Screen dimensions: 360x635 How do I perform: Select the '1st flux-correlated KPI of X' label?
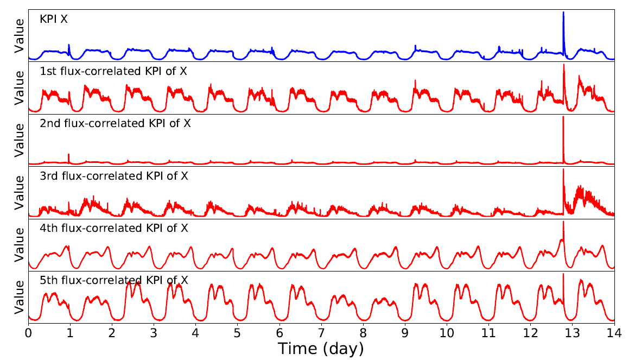click(x=113, y=71)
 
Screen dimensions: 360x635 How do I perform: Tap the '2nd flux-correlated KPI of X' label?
click(x=115, y=123)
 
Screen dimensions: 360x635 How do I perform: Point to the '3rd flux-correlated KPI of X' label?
click(x=114, y=175)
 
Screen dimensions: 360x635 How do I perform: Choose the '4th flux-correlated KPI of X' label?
click(x=114, y=228)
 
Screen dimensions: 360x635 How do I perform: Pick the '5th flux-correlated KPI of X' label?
click(x=114, y=280)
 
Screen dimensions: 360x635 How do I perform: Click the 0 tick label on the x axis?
click(x=28, y=331)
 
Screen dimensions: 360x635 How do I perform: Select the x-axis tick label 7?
click(x=321, y=331)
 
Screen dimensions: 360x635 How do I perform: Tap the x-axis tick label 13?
click(x=572, y=331)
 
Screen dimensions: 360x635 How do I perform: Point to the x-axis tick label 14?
click(x=614, y=331)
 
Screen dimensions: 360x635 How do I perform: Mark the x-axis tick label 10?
click(x=447, y=331)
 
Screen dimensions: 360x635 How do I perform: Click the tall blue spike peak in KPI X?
click(x=563, y=13)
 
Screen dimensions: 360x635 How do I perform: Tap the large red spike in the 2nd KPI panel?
click(x=563, y=118)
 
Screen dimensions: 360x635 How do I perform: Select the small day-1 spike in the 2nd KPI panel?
click(x=69, y=155)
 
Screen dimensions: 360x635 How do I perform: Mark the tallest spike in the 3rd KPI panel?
click(x=563, y=170)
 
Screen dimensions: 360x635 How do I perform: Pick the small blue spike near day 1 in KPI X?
click(x=69, y=46)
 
